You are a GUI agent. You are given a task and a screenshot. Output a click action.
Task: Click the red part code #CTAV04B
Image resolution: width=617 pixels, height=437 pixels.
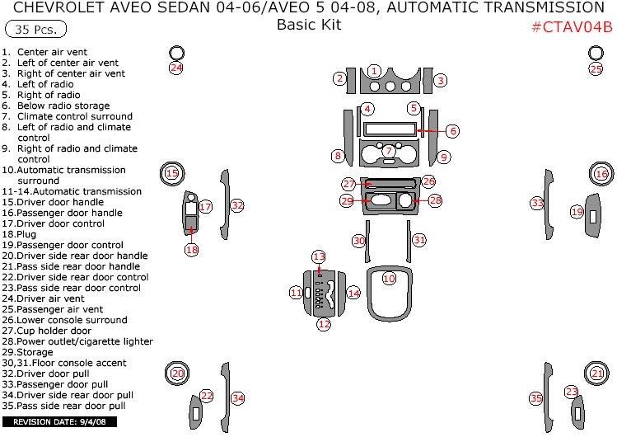571,26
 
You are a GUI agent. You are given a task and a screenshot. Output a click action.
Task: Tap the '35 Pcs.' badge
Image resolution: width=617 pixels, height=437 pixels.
35,29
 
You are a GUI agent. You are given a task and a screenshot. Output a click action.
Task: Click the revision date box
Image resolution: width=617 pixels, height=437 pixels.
59,421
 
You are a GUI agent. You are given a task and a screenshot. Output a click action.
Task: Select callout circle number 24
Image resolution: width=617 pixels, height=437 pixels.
175,68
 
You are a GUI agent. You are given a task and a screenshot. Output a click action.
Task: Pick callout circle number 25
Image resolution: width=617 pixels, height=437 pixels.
596,69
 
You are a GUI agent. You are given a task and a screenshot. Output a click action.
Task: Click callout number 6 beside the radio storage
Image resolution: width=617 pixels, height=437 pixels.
452,130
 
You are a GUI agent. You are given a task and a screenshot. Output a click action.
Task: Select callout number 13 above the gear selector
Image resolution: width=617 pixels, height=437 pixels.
319,256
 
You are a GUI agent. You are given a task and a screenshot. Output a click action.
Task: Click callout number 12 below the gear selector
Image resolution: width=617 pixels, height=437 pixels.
324,324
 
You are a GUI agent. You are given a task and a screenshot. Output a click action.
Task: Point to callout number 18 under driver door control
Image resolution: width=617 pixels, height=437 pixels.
191,249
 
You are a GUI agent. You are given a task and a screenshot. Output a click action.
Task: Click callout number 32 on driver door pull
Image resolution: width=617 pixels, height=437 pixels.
237,205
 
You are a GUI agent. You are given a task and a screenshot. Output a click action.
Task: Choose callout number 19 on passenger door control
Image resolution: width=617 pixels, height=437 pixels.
577,212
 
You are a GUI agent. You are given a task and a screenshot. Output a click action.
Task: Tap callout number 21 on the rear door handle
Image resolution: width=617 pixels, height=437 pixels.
597,374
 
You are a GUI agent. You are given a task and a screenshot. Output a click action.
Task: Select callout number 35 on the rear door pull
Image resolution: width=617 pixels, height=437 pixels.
536,398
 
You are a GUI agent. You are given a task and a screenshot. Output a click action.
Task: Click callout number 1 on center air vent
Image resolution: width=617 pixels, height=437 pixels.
374,71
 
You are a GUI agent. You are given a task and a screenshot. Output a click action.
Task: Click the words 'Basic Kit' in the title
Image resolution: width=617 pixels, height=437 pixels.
308,25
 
